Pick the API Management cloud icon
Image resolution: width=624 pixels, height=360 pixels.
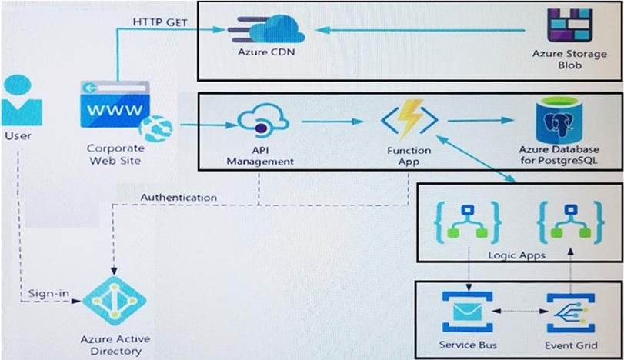click(263, 122)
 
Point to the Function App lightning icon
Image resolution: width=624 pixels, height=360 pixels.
click(409, 120)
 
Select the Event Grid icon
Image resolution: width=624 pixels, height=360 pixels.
click(570, 312)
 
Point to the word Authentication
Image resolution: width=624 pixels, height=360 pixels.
click(179, 198)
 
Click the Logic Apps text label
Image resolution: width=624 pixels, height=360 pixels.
click(518, 253)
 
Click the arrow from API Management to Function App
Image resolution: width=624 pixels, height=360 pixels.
click(332, 121)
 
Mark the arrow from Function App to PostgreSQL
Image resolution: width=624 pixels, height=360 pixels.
click(481, 121)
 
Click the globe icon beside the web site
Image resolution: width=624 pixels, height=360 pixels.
click(154, 126)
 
